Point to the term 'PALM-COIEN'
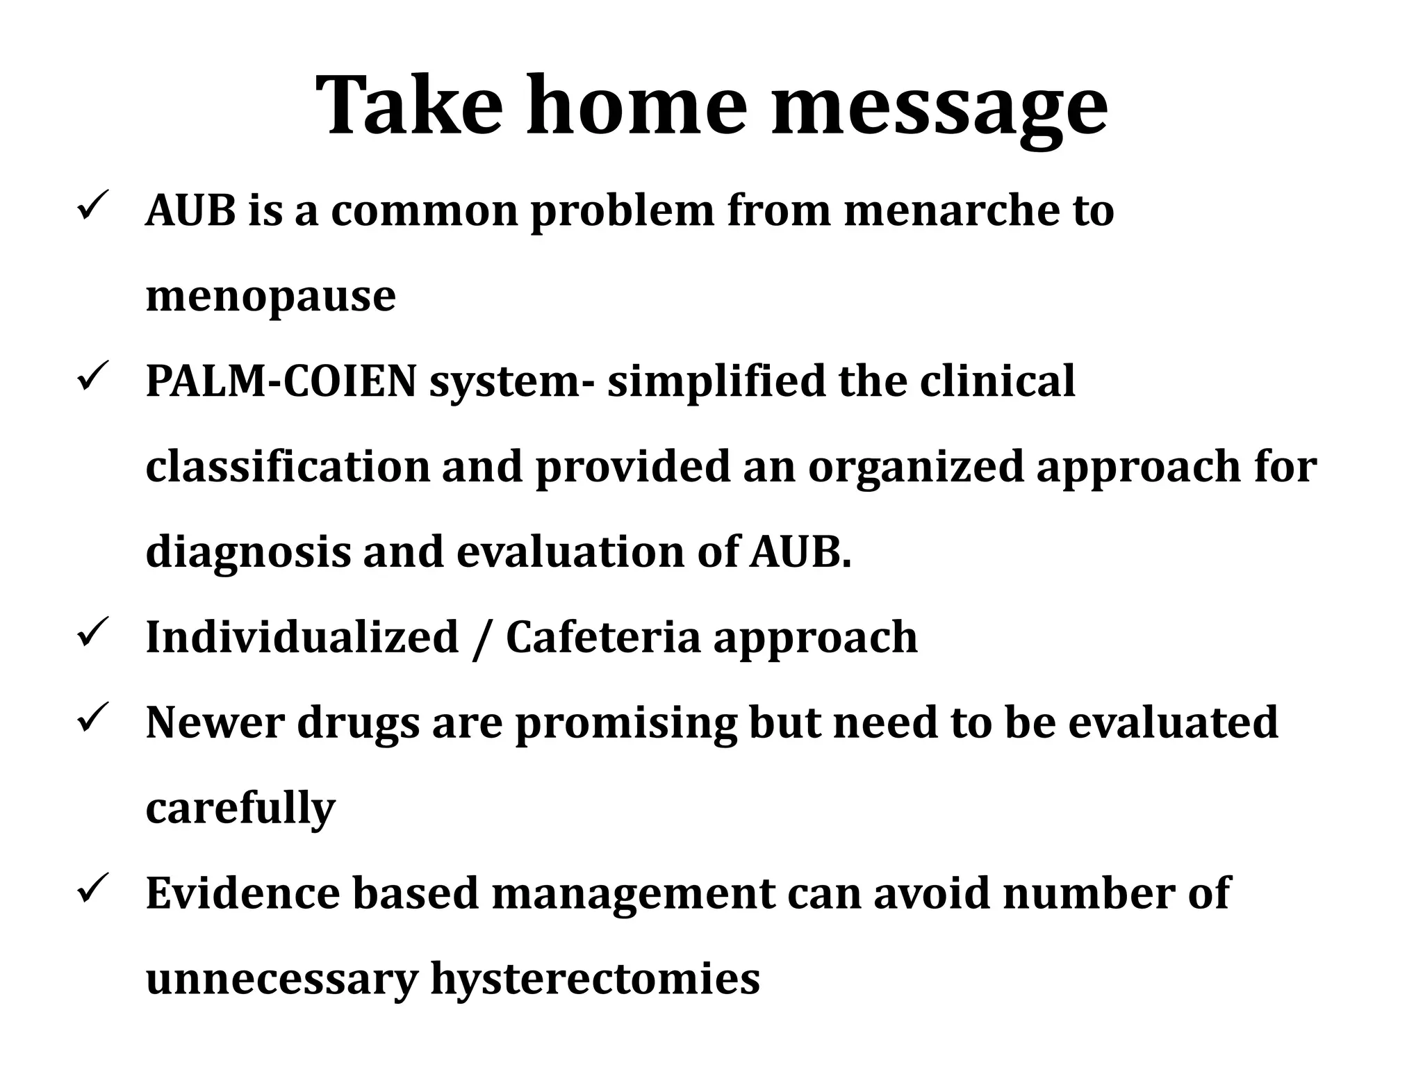281,381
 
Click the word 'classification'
288,467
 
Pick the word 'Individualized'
302,637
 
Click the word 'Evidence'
243,893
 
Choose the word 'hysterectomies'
595,979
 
